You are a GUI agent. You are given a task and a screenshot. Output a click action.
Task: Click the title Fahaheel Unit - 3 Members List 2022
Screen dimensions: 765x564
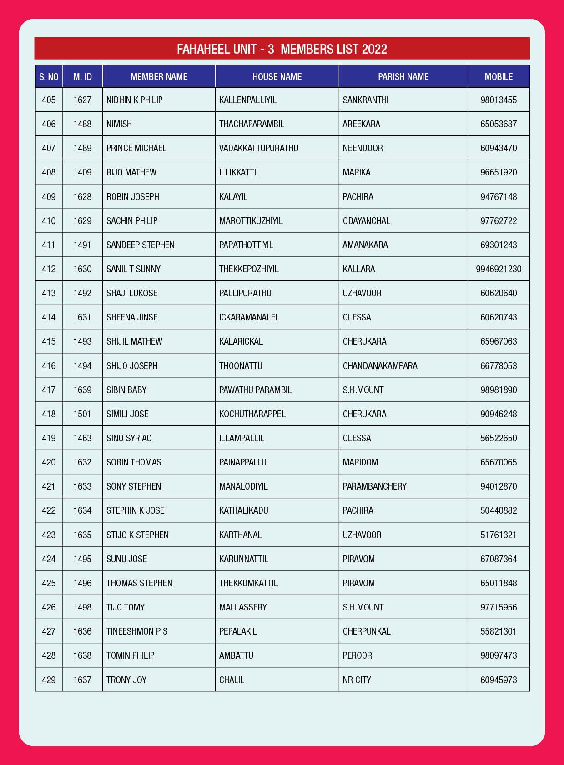click(282, 49)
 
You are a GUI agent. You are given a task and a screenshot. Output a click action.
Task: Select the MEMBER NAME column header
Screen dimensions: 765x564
click(159, 77)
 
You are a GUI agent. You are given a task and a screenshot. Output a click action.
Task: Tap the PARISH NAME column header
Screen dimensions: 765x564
click(403, 77)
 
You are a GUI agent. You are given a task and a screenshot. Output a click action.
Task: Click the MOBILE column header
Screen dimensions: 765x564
click(499, 77)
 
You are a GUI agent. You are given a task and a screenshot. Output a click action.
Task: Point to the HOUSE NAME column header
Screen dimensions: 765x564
click(277, 77)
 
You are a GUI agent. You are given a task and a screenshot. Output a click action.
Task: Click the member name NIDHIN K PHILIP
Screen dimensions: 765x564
click(134, 100)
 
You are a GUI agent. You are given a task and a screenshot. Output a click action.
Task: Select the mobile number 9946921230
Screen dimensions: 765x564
click(499, 269)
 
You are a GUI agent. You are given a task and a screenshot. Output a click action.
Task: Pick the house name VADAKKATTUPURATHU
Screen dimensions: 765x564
click(258, 148)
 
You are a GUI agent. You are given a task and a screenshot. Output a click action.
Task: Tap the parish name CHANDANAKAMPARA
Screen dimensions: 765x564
click(380, 366)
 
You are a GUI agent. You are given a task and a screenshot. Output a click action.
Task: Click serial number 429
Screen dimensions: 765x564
click(49, 680)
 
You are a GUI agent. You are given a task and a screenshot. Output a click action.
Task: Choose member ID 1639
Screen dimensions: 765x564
click(82, 390)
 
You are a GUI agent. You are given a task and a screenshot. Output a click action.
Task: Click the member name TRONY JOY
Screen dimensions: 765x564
click(126, 680)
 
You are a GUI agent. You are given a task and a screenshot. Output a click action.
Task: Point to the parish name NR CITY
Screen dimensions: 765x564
click(357, 680)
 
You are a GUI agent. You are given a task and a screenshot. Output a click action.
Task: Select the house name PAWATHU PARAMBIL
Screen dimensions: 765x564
click(255, 390)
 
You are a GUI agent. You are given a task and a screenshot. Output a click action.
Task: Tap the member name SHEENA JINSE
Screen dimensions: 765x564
click(132, 317)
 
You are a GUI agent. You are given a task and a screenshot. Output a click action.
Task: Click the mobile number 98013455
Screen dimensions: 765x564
click(499, 100)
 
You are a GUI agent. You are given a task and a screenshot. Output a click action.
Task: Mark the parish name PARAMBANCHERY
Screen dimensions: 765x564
click(374, 486)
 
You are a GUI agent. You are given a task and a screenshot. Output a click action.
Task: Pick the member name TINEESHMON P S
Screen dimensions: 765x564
click(137, 631)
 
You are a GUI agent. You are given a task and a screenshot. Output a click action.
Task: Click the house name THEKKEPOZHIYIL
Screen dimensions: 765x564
click(249, 269)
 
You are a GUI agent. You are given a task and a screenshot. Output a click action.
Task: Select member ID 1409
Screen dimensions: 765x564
click(82, 172)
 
